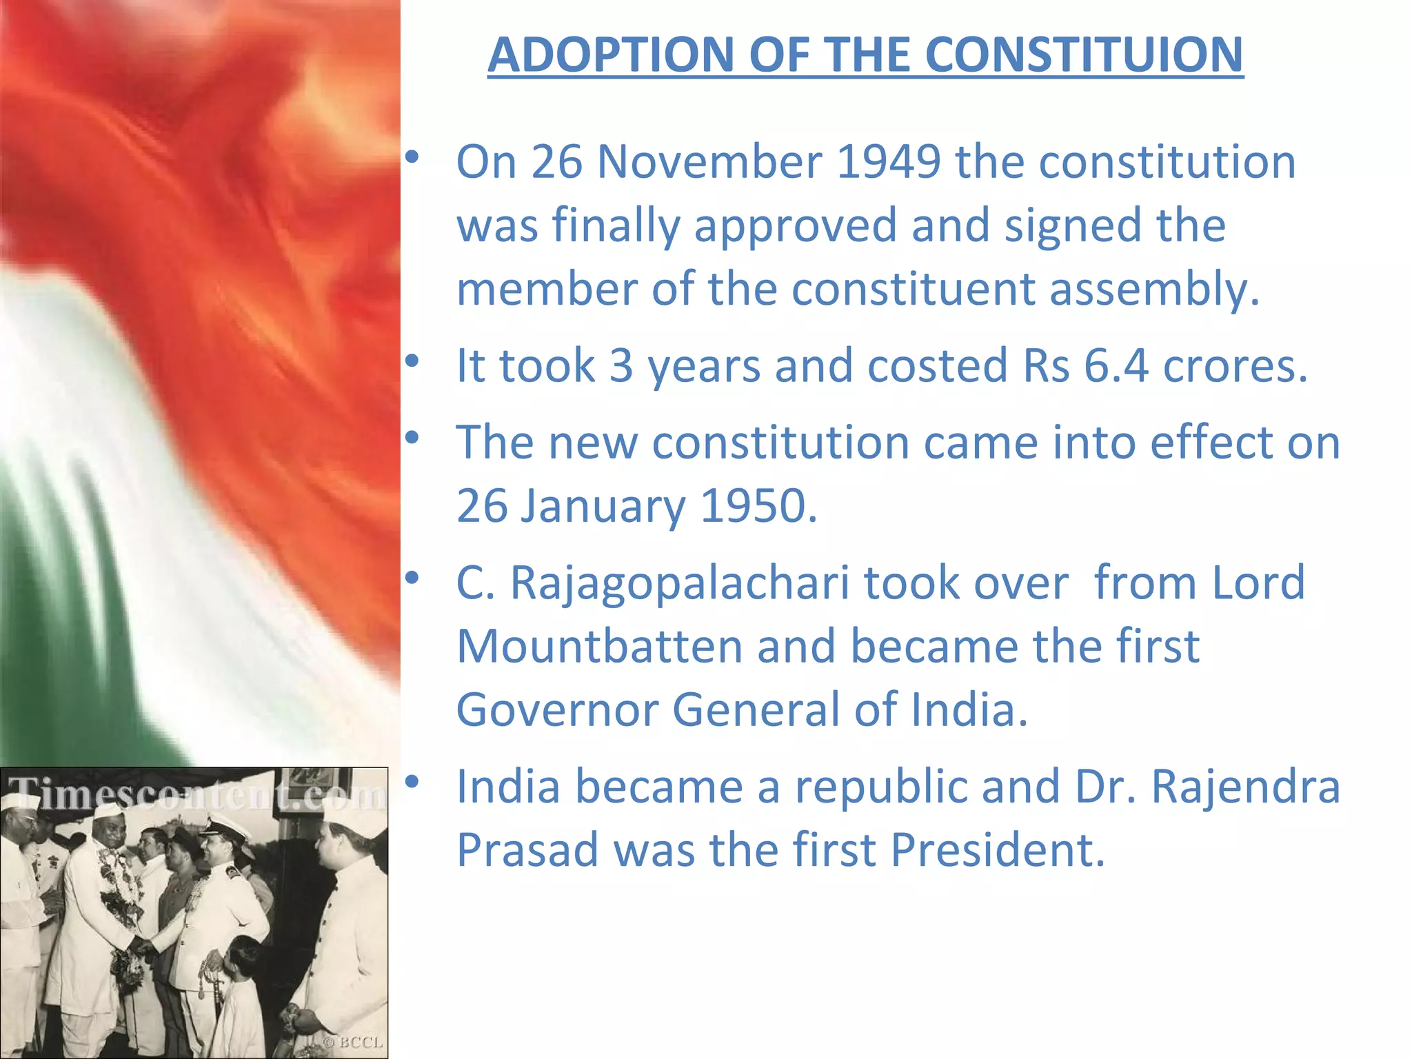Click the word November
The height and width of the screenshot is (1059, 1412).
point(709,162)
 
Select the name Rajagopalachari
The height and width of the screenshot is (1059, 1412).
point(679,583)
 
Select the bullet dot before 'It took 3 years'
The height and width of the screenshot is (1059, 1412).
point(412,361)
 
